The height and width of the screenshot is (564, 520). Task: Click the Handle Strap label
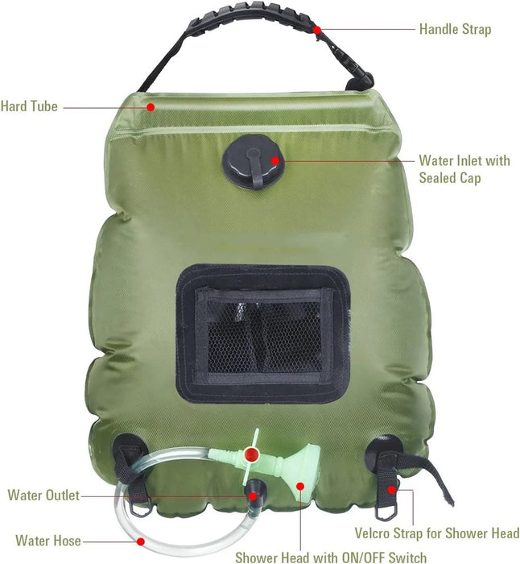455,29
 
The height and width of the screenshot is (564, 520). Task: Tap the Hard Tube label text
29,106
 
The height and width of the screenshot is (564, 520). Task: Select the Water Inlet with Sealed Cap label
464,169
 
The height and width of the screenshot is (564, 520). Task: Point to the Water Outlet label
43,496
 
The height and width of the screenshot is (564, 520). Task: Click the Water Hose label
48,541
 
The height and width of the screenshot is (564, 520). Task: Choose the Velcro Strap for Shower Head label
437,533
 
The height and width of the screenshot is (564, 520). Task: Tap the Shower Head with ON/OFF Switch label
331,557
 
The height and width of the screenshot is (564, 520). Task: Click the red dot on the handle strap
317,30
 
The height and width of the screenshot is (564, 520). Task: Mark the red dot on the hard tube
151,107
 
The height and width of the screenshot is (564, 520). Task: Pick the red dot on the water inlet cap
275,160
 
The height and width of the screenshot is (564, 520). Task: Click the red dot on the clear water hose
141,541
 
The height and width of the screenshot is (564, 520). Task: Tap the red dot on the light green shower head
300,487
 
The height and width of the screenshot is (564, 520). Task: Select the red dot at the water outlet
253,496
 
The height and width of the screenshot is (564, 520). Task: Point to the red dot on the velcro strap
391,490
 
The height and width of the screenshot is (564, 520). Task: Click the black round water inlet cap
254,161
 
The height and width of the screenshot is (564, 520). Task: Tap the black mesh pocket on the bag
262,334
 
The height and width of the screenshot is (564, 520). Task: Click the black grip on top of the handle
252,16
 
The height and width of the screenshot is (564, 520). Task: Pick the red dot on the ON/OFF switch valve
252,454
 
